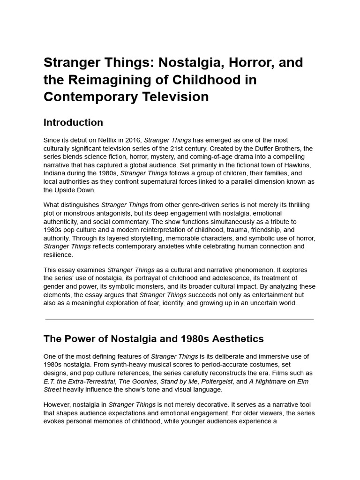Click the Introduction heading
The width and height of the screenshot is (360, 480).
(x=73, y=122)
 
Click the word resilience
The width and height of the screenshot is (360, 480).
(x=58, y=255)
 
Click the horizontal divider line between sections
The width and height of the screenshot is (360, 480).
(x=180, y=320)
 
